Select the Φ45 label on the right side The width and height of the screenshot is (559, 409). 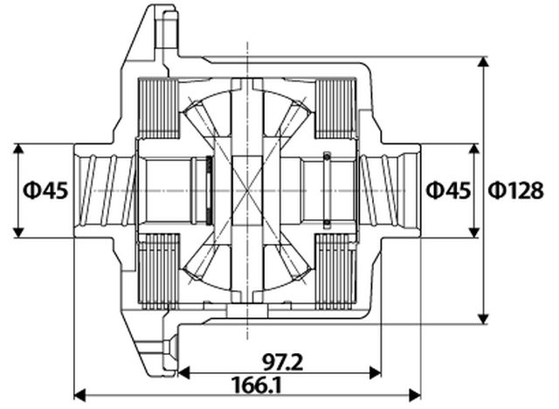(x=447, y=190)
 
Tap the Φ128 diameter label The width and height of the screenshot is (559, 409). (x=515, y=190)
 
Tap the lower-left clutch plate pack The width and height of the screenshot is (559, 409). (x=157, y=269)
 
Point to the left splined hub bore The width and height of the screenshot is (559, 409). (x=106, y=189)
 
